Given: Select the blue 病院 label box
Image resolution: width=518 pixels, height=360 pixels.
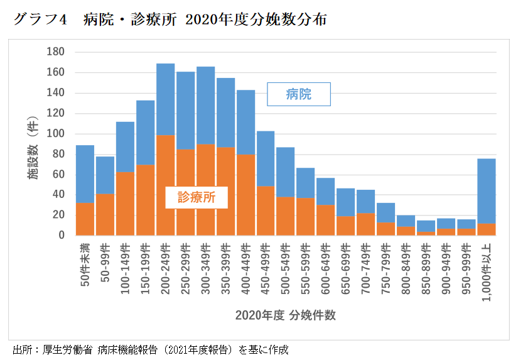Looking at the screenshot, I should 298,95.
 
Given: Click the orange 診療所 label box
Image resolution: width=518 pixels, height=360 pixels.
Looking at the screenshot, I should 195,197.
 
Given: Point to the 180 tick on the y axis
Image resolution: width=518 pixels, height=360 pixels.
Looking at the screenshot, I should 57,52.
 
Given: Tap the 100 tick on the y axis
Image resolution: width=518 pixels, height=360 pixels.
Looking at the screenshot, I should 57,134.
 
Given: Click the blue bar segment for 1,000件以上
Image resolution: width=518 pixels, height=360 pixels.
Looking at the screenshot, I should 487,190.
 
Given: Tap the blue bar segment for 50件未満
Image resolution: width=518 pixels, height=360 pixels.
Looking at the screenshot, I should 85,174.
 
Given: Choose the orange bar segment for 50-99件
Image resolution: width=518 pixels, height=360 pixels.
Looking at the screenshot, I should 105,214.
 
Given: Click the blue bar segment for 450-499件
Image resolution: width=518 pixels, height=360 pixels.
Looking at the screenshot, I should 266,158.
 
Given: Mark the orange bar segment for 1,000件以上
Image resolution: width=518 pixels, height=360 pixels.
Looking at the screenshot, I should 487,229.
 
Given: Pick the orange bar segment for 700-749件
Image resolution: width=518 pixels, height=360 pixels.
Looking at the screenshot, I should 366,224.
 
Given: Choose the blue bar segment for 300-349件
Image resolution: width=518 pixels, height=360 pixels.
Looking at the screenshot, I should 205,106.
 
